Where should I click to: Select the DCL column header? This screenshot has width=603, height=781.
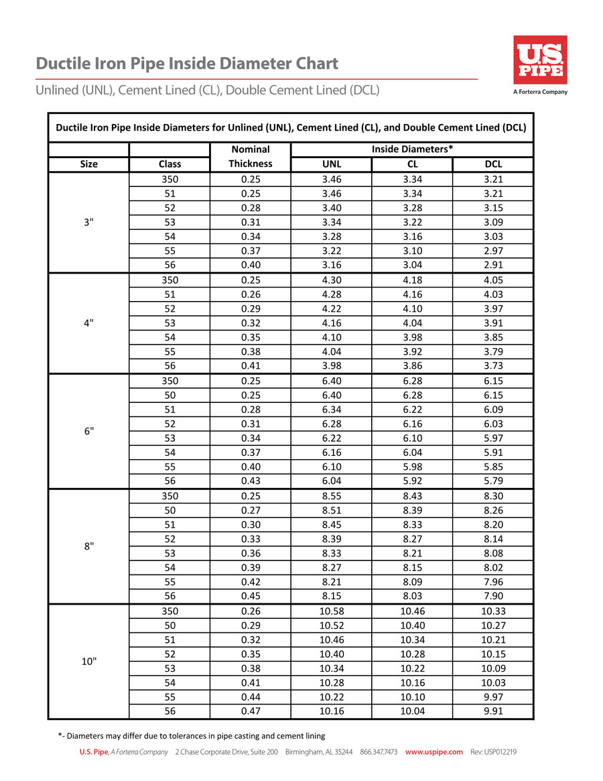coord(493,164)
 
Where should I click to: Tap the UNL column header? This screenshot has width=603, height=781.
coord(332,164)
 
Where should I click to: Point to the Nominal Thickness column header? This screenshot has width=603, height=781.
coord(250,156)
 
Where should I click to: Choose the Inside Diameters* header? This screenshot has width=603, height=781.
coord(413,149)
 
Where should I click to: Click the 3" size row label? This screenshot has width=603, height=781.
coord(88,222)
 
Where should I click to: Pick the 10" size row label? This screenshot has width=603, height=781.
coord(88,661)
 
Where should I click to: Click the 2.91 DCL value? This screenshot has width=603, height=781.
coord(493,265)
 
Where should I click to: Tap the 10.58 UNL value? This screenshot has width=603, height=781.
coord(332,611)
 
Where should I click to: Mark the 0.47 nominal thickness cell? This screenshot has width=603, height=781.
coord(250,711)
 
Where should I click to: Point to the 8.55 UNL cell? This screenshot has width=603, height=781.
coord(332,497)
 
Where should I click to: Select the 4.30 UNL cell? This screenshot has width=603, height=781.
coord(332,280)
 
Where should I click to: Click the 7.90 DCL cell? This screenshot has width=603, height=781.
coord(493,596)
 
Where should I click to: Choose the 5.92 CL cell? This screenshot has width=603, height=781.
coord(413,481)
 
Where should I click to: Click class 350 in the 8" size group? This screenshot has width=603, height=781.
coord(170,497)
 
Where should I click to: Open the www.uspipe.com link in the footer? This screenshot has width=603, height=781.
coord(434,752)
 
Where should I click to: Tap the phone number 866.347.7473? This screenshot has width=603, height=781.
coord(379,752)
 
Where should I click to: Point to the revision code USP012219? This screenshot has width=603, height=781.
coord(493,752)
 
